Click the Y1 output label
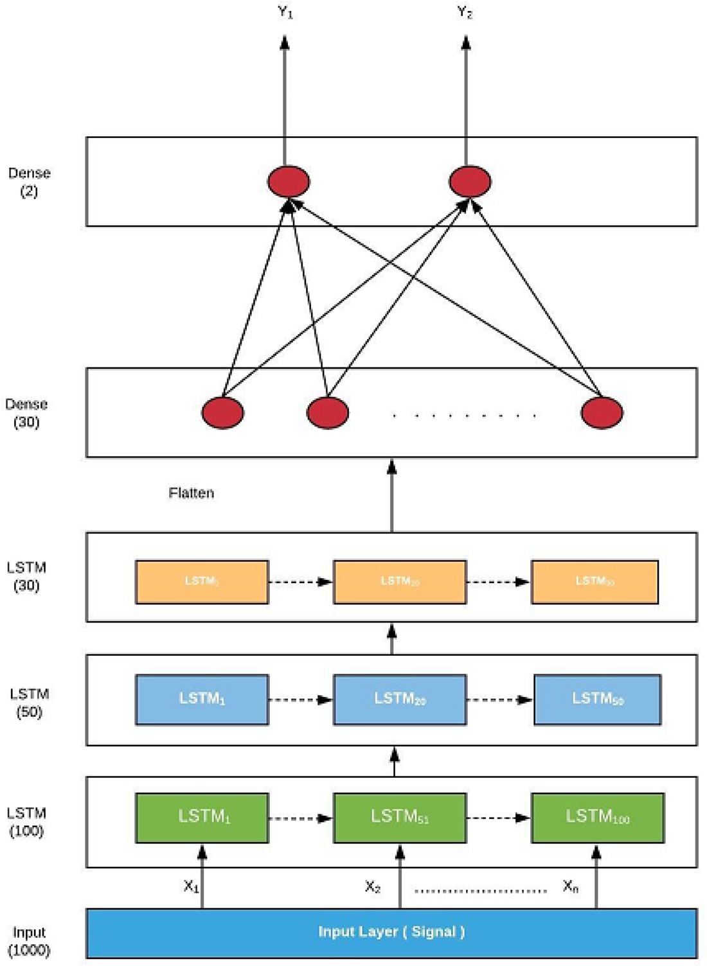(285, 12)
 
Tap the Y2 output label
(465, 12)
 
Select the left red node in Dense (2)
(289, 181)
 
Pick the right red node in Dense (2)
(470, 181)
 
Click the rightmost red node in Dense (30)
(602, 413)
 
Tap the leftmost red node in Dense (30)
(222, 413)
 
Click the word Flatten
(191, 493)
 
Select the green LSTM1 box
(202, 818)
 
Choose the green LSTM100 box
(598, 818)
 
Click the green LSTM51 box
(399, 818)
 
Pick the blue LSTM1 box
(202, 699)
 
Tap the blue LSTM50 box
(597, 699)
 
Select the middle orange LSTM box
(399, 581)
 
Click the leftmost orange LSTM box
(202, 581)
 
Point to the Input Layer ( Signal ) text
(391, 932)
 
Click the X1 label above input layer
(191, 886)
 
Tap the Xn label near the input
(570, 886)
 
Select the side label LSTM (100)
(26, 822)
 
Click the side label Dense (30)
(26, 413)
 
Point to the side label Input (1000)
(29, 941)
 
